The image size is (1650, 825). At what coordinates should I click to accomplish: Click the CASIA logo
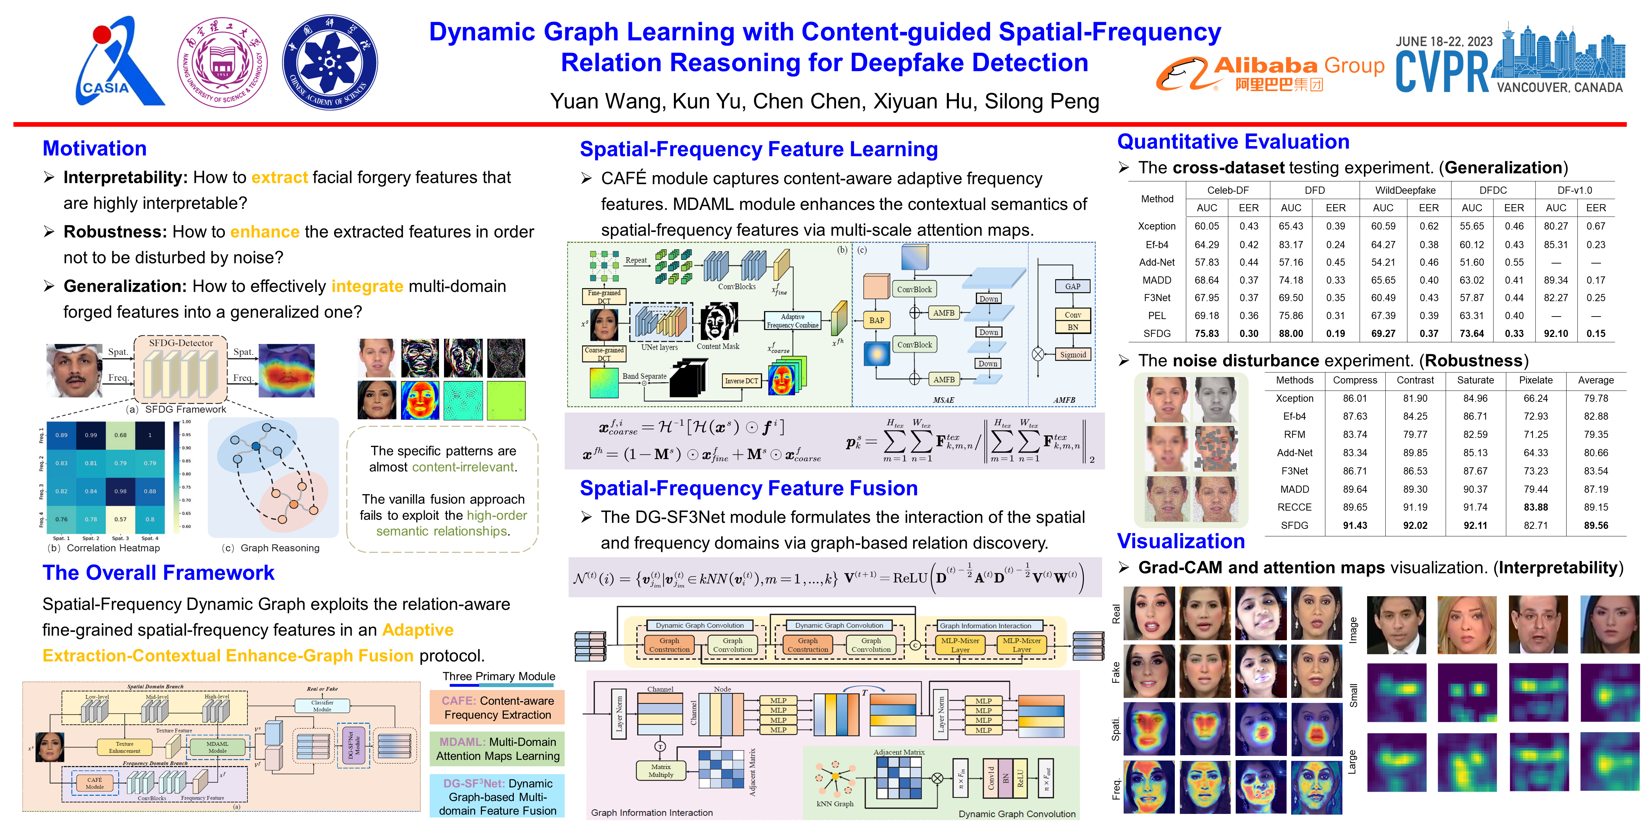(119, 63)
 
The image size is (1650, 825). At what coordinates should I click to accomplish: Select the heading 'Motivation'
(95, 149)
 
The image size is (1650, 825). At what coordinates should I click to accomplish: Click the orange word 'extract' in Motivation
(279, 178)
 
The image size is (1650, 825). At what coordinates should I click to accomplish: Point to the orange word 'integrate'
(367, 286)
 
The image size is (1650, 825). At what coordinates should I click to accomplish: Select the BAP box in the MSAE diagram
(876, 320)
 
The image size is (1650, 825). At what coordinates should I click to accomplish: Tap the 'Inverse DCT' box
(741, 381)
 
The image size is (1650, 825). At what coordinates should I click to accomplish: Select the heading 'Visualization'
(1181, 542)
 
